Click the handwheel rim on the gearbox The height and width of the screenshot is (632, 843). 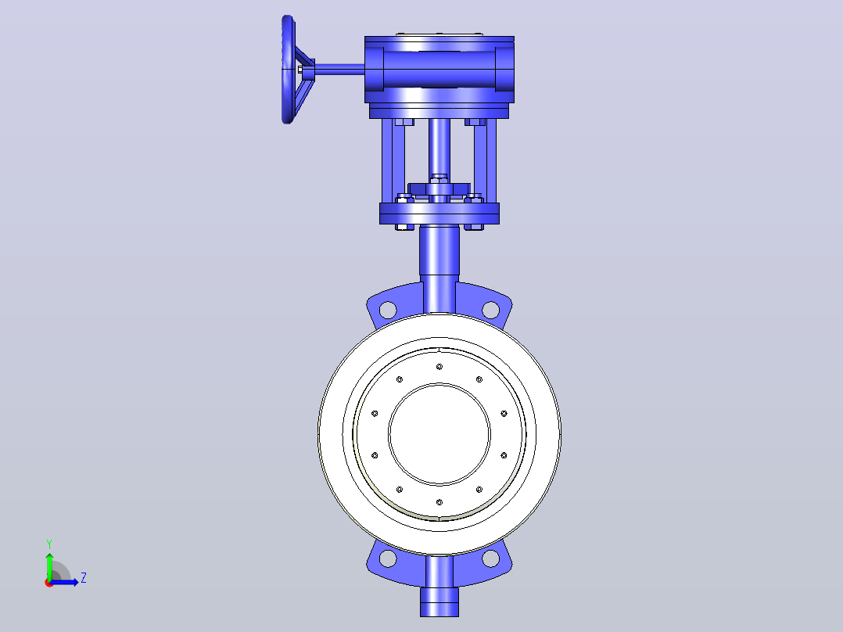tap(288, 70)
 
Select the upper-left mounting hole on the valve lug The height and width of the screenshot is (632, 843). tap(388, 310)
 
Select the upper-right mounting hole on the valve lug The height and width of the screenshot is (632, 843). tap(490, 310)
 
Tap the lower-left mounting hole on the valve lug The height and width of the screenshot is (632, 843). tap(388, 558)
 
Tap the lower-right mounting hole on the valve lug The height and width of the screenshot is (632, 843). tap(490, 558)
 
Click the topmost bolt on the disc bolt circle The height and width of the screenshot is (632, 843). tap(439, 367)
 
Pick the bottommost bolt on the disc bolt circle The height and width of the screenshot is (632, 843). tap(439, 502)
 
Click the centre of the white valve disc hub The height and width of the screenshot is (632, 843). tap(439, 435)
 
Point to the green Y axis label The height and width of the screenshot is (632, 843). tap(49, 544)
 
